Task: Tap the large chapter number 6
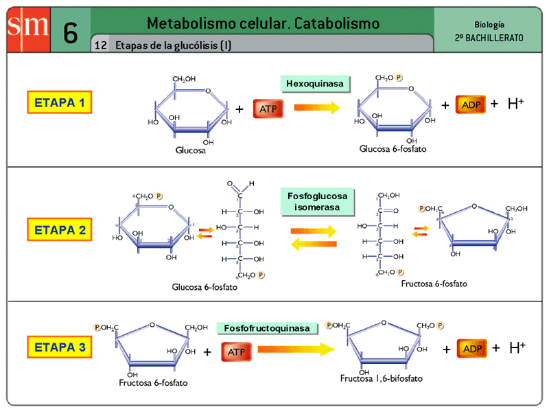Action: [70, 32]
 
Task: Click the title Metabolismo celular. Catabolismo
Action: [263, 23]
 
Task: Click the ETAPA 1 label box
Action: [60, 103]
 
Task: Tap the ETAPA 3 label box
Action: [60, 347]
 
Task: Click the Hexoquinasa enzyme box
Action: [315, 84]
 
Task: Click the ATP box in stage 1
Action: [266, 108]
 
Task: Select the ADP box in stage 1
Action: [471, 104]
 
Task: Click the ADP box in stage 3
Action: [472, 349]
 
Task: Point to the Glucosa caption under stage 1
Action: [190, 149]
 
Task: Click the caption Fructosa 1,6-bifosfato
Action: [381, 378]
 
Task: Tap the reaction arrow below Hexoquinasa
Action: [317, 107]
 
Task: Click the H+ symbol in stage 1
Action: [516, 104]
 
